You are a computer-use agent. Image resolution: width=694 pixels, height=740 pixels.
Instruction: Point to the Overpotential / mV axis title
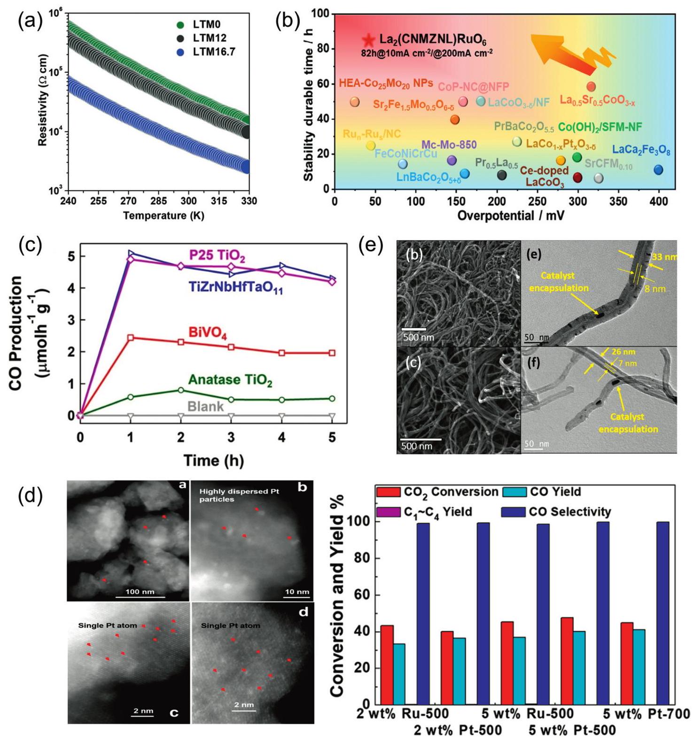(x=511, y=216)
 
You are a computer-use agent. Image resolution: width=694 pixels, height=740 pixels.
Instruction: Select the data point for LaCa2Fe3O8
(x=658, y=170)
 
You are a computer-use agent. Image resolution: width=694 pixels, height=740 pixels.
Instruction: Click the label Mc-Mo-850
(x=449, y=145)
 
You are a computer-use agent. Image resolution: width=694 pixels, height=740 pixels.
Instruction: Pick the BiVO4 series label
(x=207, y=333)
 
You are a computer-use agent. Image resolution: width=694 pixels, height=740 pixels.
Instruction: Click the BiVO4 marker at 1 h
(x=131, y=338)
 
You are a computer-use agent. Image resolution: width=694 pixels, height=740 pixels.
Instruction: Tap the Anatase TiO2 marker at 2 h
(x=181, y=390)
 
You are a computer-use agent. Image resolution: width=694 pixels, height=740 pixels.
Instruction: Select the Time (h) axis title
(x=214, y=460)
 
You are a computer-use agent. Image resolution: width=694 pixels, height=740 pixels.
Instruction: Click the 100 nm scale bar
(x=140, y=596)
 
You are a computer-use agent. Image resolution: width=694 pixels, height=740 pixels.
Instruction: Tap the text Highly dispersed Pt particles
(x=239, y=495)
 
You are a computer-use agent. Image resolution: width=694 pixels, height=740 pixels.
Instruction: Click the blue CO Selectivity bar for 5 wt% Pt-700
(x=663, y=613)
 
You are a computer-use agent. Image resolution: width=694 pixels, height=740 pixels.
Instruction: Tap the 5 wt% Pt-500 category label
(x=572, y=730)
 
